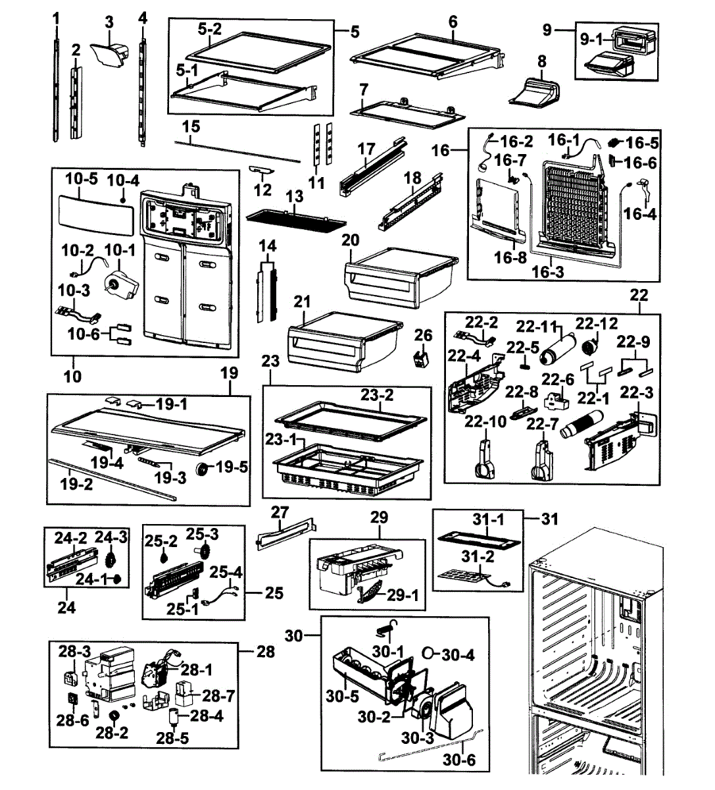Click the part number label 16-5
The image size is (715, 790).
[x=642, y=143]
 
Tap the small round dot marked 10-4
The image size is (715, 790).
[x=123, y=200]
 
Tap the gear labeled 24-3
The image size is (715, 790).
[x=111, y=558]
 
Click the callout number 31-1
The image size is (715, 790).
[x=488, y=519]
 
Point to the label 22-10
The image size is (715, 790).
[x=485, y=422]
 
